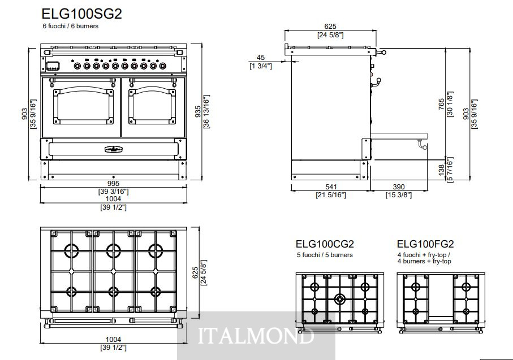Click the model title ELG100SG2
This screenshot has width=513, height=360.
pyautogui.click(x=82, y=14)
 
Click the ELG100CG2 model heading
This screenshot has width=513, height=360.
pyautogui.click(x=325, y=244)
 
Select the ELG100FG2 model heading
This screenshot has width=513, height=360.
pyautogui.click(x=425, y=244)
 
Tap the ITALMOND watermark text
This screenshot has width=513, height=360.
pyautogui.click(x=256, y=335)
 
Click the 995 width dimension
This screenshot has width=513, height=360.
pyautogui.click(x=113, y=184)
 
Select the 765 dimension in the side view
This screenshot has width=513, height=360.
pyautogui.click(x=442, y=105)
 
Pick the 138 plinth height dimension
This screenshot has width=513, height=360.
pyautogui.click(x=442, y=170)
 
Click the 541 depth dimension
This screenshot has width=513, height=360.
pyautogui.click(x=331, y=186)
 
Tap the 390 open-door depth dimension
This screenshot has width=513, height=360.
pyautogui.click(x=399, y=186)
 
